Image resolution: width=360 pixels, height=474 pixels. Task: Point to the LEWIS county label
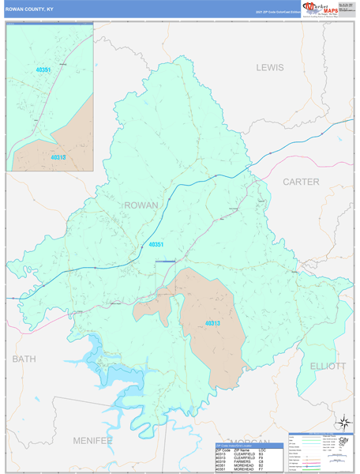click(x=269, y=68)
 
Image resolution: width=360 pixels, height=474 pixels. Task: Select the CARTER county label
click(x=301, y=182)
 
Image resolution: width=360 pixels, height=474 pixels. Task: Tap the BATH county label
click(x=24, y=359)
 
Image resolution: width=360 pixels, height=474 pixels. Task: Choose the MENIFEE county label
click(x=93, y=439)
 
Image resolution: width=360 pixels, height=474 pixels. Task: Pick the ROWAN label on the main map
click(x=141, y=205)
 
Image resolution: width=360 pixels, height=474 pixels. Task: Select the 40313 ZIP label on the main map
click(x=212, y=323)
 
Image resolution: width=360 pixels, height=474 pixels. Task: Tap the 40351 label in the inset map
click(x=43, y=70)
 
